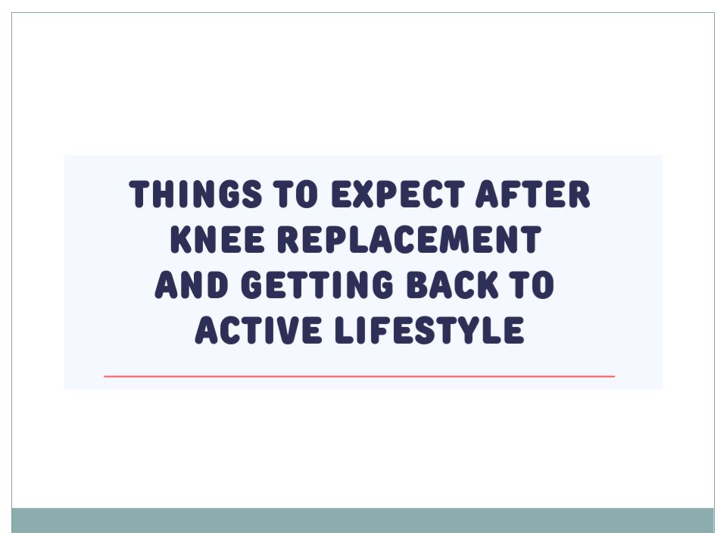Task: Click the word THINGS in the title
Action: pos(195,194)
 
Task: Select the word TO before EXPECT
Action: pos(295,194)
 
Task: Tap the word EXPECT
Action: pos(398,194)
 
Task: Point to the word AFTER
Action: pos(532,194)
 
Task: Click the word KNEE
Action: pos(217,239)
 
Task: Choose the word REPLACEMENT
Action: pos(410,239)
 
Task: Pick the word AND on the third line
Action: pos(192,284)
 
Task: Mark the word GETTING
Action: pos(317,284)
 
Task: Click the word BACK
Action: pos(453,284)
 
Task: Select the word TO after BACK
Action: pos(532,284)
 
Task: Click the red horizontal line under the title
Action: pos(359,376)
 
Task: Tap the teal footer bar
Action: pos(363,520)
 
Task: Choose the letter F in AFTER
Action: pos(513,194)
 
